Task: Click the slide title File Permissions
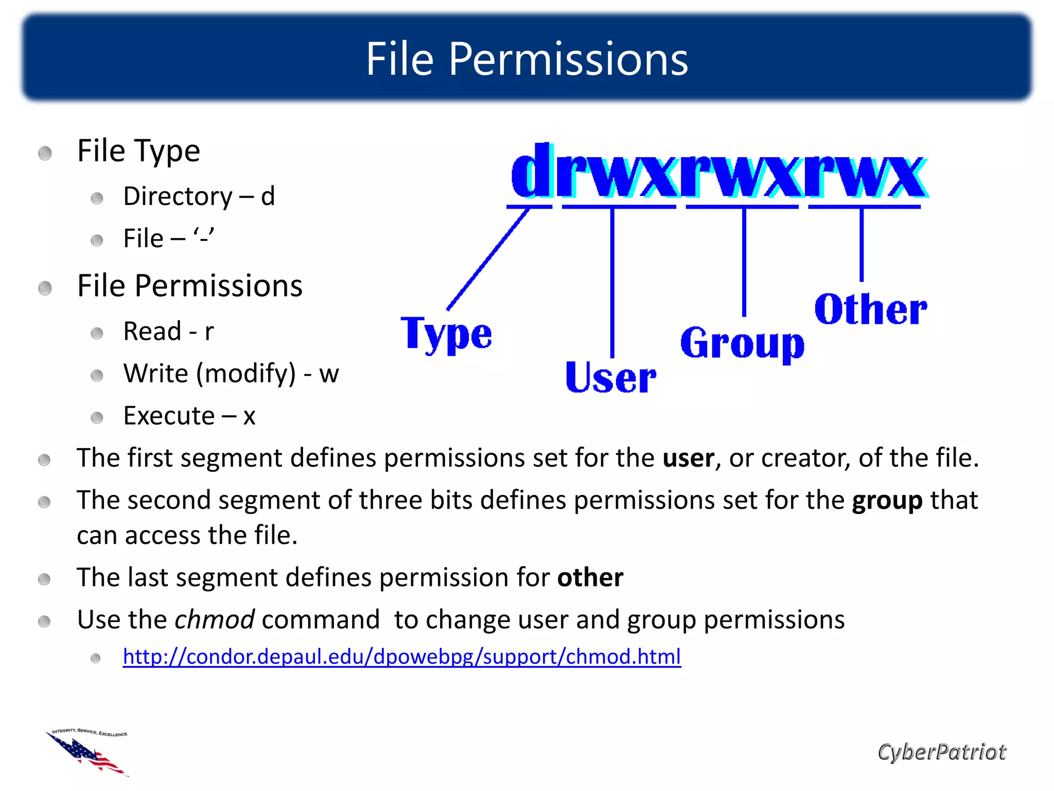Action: point(526,59)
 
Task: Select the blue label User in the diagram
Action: point(610,377)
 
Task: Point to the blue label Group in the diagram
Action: point(742,343)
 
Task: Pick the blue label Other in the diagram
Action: point(871,309)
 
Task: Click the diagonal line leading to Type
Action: point(488,259)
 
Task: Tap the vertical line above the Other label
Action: point(862,245)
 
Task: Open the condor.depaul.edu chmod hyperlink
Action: point(401,657)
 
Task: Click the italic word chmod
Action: point(214,620)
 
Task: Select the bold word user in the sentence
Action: point(688,458)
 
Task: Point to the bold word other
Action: point(590,577)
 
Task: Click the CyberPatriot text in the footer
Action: point(941,752)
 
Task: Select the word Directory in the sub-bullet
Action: point(178,197)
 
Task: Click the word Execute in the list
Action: point(169,416)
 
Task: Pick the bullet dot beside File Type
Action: point(45,153)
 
